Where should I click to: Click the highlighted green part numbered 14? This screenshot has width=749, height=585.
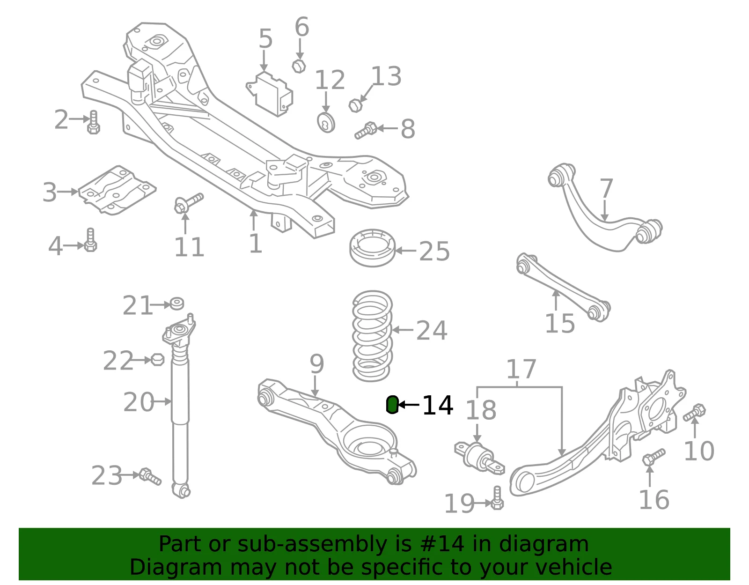[392, 404]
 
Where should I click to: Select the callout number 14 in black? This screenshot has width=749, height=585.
[438, 406]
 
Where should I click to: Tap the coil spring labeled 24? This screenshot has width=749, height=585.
[372, 336]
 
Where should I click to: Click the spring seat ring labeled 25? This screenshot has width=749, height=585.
[372, 247]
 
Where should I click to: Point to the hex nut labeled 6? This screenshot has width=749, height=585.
[299, 66]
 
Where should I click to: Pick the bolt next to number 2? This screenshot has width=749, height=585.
[94, 122]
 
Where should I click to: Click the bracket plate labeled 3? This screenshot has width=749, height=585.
[117, 190]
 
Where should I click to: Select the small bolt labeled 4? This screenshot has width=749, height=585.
[90, 240]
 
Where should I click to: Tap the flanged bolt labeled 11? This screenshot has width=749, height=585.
[188, 203]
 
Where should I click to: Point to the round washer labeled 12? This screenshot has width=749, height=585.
[326, 123]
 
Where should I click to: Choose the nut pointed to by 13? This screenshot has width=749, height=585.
[355, 105]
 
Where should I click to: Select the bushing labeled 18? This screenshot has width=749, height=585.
[479, 458]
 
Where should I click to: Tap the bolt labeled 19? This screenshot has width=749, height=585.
[497, 498]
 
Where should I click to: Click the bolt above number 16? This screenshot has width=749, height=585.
[654, 457]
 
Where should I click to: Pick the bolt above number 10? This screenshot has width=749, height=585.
[694, 412]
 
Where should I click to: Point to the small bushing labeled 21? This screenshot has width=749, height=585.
[177, 304]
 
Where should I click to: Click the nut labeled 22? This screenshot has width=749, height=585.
[157, 360]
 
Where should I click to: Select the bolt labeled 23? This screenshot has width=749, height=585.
[150, 477]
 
